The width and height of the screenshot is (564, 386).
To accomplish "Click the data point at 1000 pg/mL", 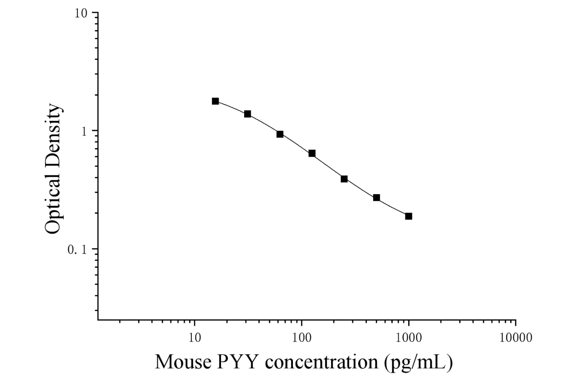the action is [x=408, y=216].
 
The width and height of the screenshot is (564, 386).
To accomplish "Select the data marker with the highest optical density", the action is [x=215, y=101].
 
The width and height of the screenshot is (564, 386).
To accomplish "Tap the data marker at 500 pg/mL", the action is [x=376, y=198].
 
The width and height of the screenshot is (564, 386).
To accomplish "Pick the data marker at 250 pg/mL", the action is [x=344, y=179].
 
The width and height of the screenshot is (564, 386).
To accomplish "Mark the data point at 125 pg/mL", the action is [x=312, y=153].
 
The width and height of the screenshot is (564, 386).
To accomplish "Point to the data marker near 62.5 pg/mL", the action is [x=280, y=134].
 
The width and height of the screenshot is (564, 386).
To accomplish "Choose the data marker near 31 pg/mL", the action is [x=247, y=114].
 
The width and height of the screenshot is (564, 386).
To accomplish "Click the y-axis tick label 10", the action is [x=81, y=13].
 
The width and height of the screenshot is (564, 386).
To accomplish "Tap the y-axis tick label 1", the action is [x=84, y=131].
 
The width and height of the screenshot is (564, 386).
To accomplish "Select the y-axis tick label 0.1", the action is [x=77, y=250].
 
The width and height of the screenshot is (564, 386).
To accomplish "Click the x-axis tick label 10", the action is [x=195, y=338].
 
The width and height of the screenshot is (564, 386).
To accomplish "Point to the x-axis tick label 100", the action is [x=302, y=338].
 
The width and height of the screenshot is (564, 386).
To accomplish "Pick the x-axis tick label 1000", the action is [x=409, y=338].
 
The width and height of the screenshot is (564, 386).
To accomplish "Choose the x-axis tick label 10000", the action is [x=516, y=338].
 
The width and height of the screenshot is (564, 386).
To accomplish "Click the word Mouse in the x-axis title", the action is [x=183, y=362].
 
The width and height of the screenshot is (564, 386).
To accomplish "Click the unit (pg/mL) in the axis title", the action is [x=419, y=363].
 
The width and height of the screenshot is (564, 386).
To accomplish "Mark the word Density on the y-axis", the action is [x=53, y=136].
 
